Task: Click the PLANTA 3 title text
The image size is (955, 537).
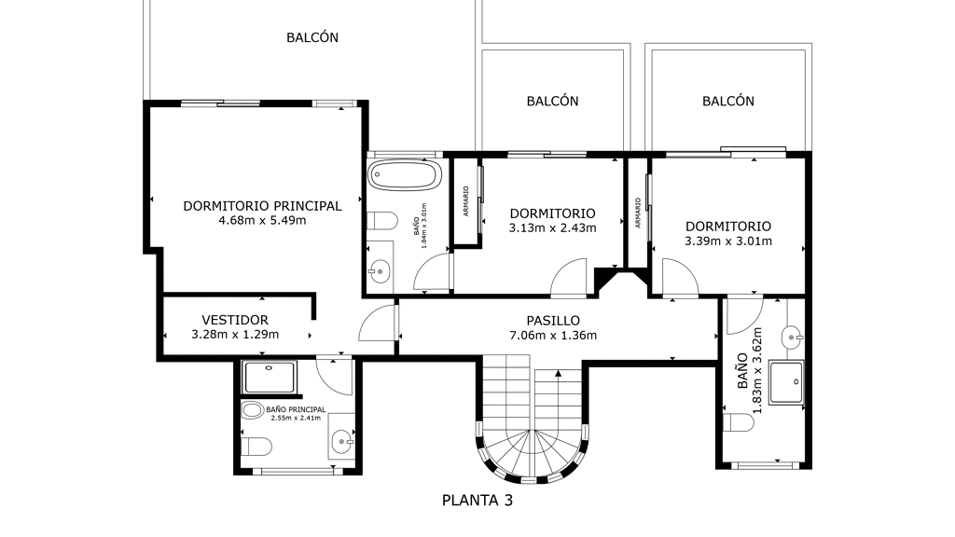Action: (x=477, y=501)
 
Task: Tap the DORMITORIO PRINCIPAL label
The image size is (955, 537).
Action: (x=262, y=206)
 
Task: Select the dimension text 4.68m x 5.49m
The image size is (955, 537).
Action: (x=262, y=220)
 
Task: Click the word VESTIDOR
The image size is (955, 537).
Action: (x=235, y=320)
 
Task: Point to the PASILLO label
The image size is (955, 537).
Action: (x=553, y=321)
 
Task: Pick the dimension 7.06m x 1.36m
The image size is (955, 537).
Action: (x=553, y=335)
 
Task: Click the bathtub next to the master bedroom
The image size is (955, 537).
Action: (x=405, y=175)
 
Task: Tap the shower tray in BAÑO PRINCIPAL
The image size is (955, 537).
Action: (x=270, y=377)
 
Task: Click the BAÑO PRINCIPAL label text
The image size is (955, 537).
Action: (x=296, y=410)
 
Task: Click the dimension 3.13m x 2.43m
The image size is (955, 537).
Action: (x=552, y=228)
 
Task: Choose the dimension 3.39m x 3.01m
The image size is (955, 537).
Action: (x=728, y=241)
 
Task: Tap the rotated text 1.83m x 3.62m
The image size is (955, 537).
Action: (x=757, y=371)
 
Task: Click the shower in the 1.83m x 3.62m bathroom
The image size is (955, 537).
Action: (x=786, y=382)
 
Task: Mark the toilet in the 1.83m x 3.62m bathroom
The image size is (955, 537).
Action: (x=739, y=422)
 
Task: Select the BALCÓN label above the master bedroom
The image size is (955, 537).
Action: (x=312, y=37)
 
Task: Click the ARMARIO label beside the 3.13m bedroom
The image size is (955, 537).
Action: (x=466, y=201)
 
